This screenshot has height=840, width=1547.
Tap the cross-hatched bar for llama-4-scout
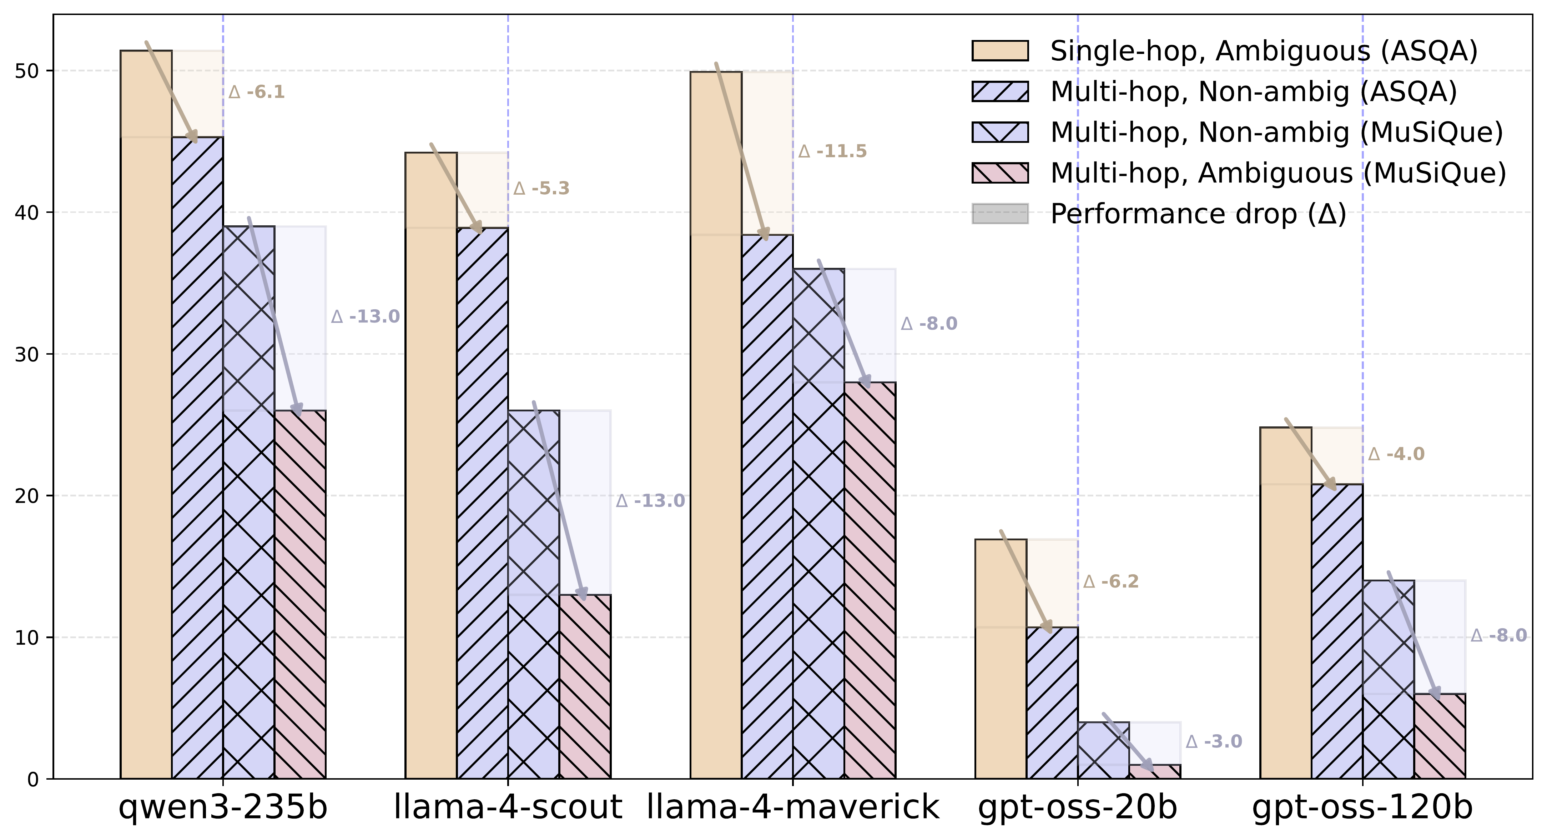[533, 595]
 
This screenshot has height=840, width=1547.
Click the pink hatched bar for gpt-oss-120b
[1440, 736]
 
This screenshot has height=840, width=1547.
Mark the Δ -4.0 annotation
[1396, 454]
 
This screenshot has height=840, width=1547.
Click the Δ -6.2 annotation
[1111, 582]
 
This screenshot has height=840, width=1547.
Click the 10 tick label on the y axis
[25, 637]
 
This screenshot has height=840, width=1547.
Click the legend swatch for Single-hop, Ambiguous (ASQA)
[1000, 51]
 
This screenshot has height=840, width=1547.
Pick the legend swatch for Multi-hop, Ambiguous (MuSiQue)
[1000, 173]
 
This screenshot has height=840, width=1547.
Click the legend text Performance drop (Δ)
[1198, 214]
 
